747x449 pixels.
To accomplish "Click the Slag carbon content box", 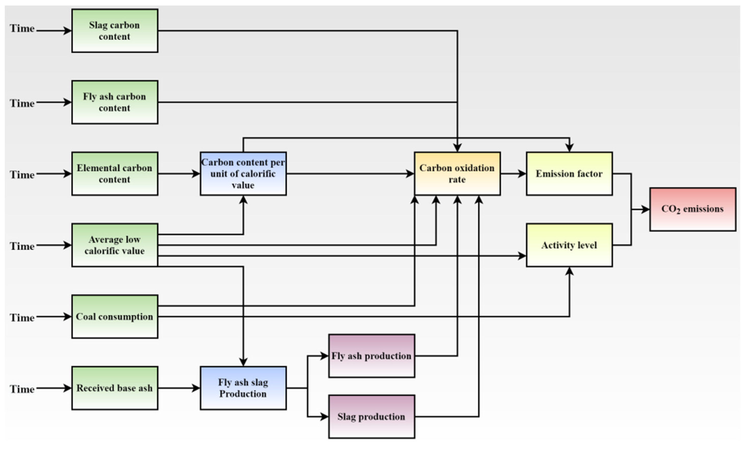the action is (115, 31).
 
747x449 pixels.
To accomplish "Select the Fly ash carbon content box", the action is (115, 102).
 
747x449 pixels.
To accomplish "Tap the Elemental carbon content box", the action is (115, 174).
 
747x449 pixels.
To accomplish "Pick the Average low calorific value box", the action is (115, 245).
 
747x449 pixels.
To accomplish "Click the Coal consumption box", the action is (115, 316).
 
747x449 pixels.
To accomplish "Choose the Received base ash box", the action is (115, 388).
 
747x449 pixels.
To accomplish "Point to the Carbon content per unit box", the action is (243, 174).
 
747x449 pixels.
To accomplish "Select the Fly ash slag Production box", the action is (243, 388).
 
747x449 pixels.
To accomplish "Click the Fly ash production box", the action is (372, 356).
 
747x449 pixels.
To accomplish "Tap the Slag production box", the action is (372, 417).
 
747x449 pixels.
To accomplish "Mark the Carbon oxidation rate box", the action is (457, 174).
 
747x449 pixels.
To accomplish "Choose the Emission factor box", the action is (569, 174).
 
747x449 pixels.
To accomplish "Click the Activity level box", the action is (569, 245).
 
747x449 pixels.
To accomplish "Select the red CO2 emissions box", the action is (693, 209).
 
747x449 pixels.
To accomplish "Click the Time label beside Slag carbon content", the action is (22, 29).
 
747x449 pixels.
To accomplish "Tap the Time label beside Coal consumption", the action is (22, 318).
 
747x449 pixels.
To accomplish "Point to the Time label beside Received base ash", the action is (22, 389).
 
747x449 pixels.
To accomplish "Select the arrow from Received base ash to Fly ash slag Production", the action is (179, 388).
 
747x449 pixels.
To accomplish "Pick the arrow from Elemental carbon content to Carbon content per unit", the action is (179, 174).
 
